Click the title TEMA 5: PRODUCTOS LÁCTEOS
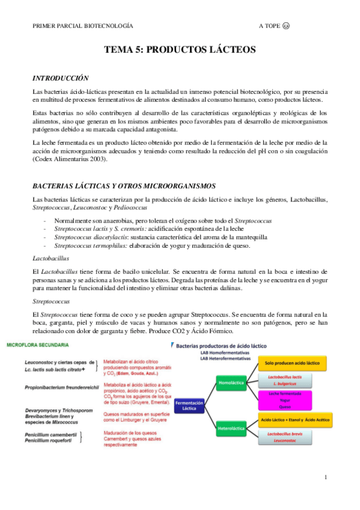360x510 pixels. (x=180, y=50)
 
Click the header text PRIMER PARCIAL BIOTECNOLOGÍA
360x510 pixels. (x=83, y=26)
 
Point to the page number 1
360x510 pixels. (x=325, y=478)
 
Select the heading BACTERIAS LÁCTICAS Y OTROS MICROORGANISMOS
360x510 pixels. (x=124, y=185)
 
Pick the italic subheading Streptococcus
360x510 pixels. (x=51, y=301)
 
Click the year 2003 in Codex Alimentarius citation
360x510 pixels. (x=96, y=159)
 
